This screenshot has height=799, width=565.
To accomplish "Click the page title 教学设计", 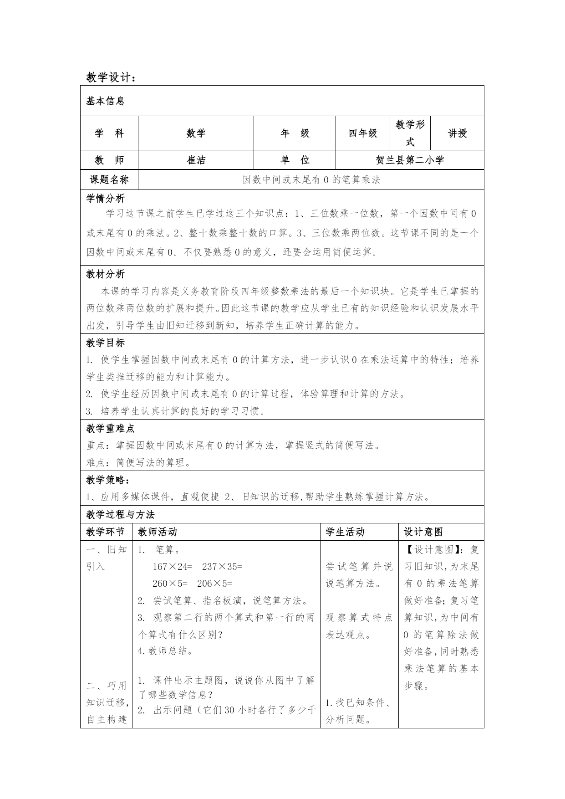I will pos(111,77).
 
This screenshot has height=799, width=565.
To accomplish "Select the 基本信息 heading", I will pos(105,101).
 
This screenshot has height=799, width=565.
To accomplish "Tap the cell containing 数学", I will pos(196,133).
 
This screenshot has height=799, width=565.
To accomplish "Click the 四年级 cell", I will pos(363,133).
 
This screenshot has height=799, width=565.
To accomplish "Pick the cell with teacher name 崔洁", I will pos(196,160).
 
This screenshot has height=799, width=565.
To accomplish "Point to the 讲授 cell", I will pos(457,133).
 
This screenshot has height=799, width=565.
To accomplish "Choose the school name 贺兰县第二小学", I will pos(409,160).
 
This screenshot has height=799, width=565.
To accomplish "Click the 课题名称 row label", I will pos(109,179).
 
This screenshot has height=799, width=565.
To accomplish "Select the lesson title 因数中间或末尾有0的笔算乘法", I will pos(311,179).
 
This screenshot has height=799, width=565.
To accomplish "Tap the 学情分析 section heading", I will pos(105,199).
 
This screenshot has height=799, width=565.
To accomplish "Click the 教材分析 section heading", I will pos(105,274).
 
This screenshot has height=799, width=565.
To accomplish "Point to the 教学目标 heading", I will pos(105,343).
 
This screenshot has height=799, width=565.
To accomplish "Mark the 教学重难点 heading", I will pos(110,428).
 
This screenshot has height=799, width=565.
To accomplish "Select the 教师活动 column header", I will pos(158,532).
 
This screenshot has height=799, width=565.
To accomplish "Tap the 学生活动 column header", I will pos(345,532).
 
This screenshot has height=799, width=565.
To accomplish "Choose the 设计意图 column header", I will pos(423,532).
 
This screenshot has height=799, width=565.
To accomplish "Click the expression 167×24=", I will pos(173,566).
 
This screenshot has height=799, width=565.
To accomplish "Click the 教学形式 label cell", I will pos(410,133).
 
